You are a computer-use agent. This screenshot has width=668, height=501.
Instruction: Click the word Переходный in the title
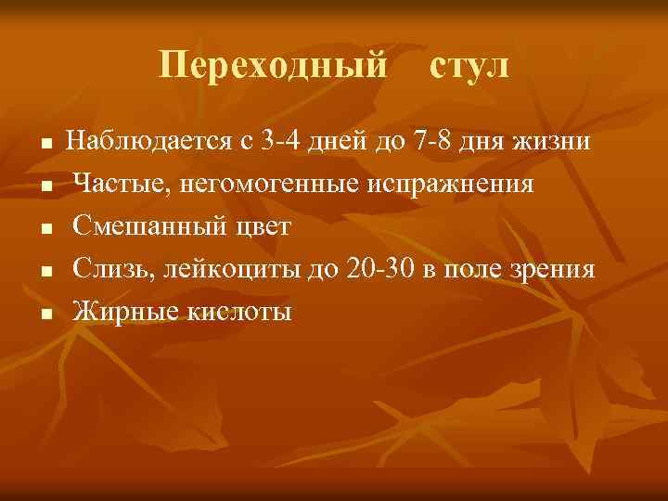(273, 66)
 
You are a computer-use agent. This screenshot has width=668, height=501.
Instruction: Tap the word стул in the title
(469, 66)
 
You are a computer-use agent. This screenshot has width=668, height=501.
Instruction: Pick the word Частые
(115, 184)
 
